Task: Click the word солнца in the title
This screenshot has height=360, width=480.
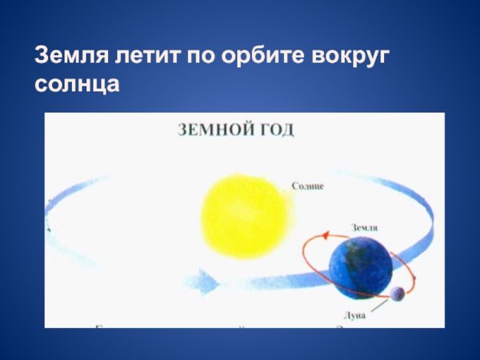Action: [77, 84]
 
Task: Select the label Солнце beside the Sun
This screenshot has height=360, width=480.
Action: [309, 186]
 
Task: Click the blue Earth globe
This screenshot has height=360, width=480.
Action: [360, 266]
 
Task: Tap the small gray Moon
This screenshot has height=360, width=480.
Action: [398, 294]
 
